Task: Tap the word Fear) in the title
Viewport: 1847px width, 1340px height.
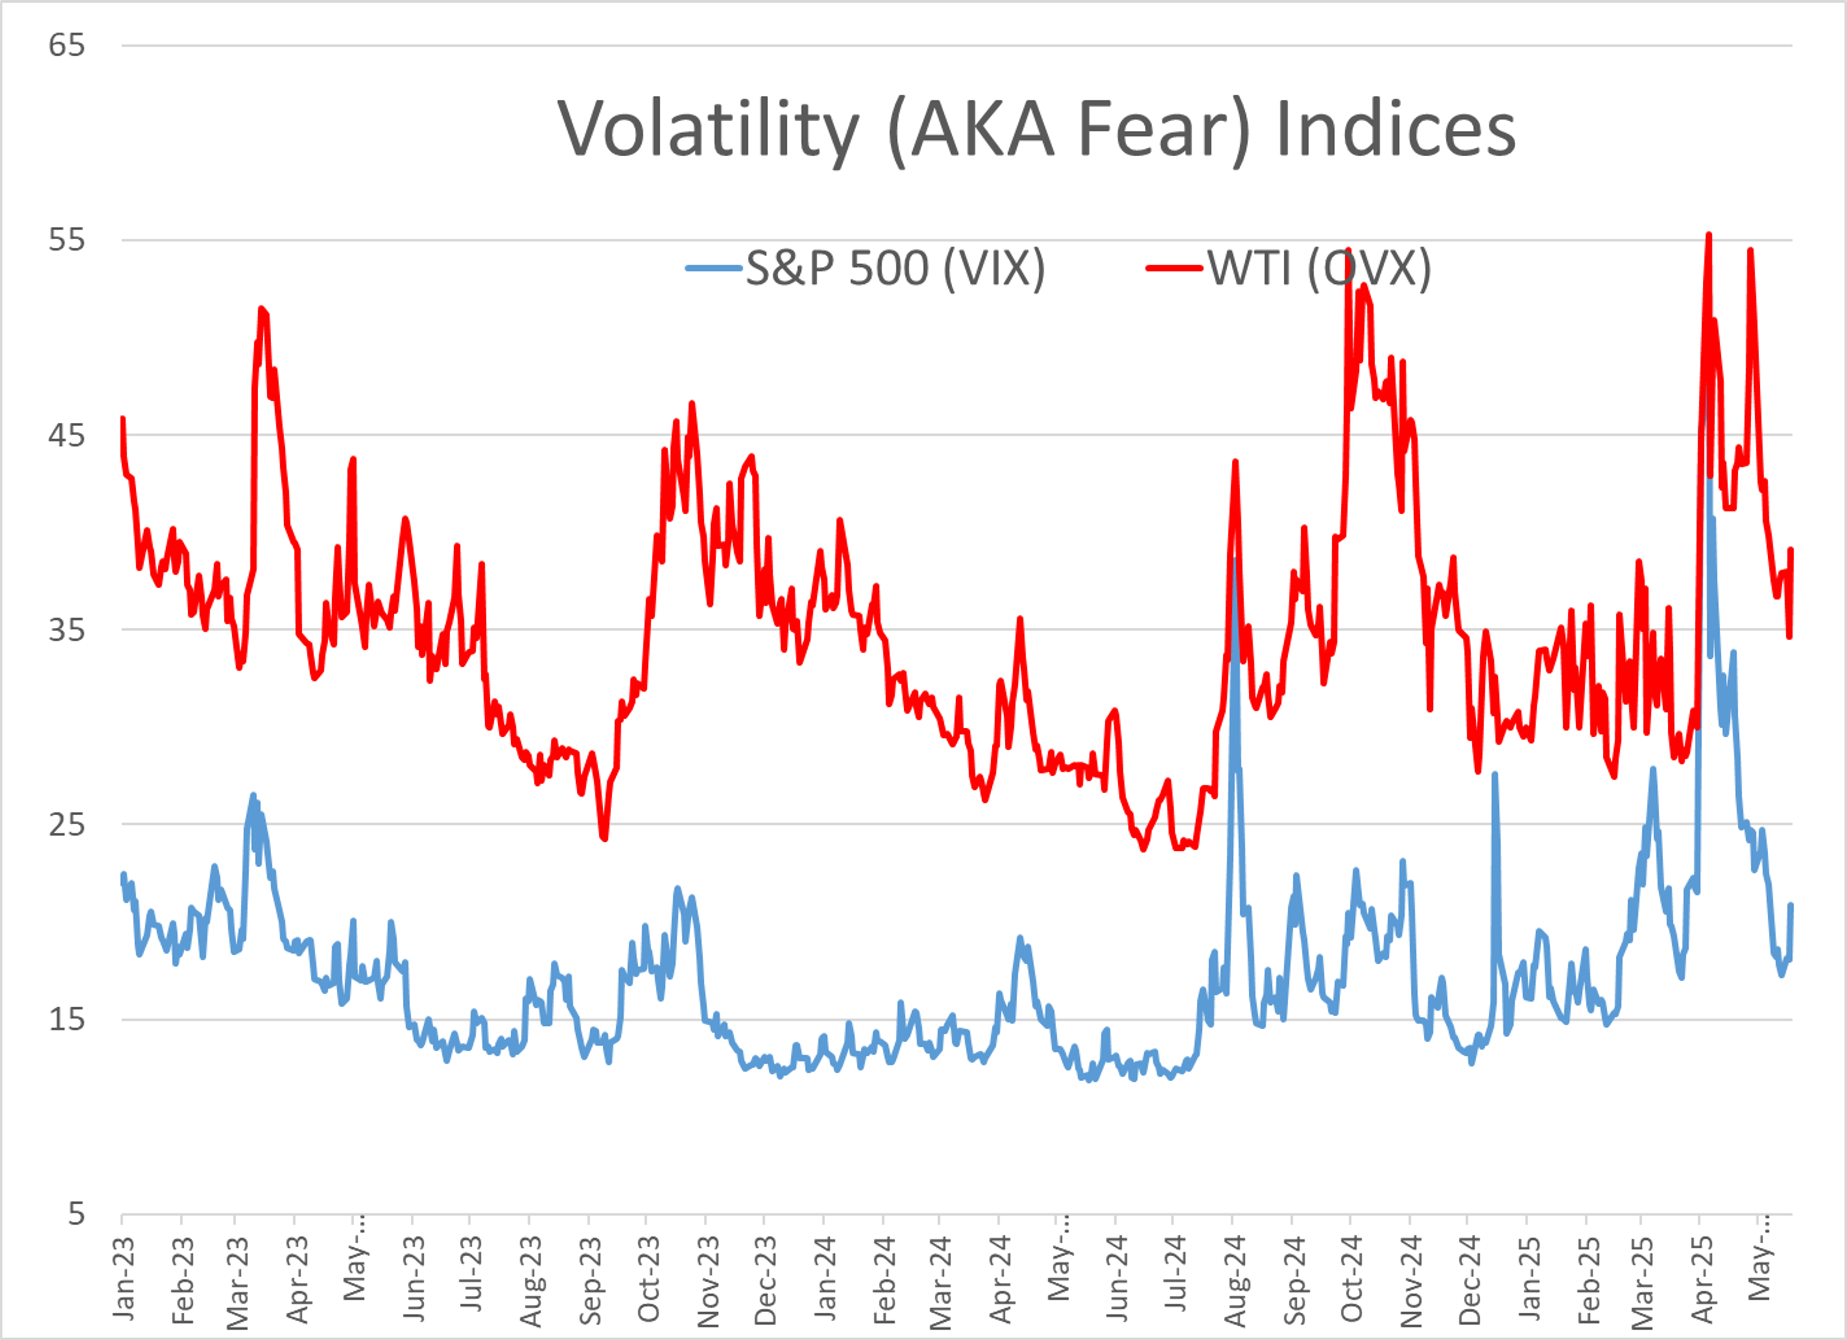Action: tap(1164, 130)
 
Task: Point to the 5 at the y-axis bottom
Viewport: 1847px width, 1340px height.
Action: tap(76, 1214)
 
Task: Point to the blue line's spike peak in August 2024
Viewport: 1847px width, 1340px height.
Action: tap(1235, 560)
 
